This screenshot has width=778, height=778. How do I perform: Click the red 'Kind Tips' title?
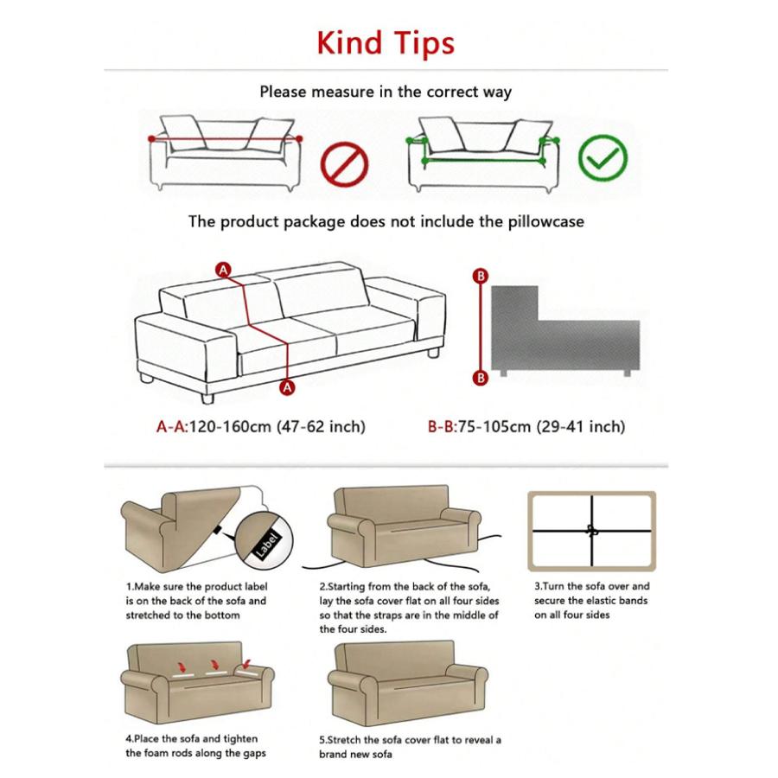(x=386, y=41)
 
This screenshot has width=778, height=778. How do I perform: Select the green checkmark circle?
(x=603, y=157)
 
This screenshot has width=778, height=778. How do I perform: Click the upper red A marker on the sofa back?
(x=224, y=271)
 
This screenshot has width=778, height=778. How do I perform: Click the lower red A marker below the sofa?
(x=288, y=388)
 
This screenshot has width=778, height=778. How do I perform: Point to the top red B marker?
(x=481, y=276)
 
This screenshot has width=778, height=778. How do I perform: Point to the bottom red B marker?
(x=481, y=378)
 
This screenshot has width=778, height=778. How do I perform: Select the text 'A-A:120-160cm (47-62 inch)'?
(x=260, y=426)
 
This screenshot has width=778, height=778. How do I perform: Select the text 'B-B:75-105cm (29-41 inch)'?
(x=526, y=426)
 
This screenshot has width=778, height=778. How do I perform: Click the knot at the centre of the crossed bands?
(x=592, y=530)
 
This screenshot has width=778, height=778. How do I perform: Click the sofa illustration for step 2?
(x=405, y=527)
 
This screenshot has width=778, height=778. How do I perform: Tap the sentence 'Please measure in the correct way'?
(x=386, y=91)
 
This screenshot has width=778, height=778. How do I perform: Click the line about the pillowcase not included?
(x=386, y=221)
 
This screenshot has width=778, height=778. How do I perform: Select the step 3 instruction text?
(x=591, y=600)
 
